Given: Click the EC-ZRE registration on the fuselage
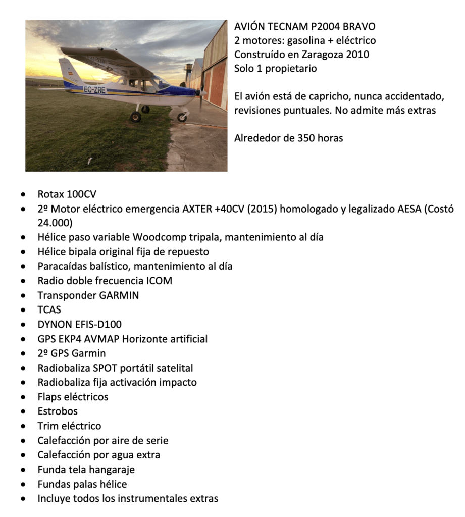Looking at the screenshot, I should pos(94,90).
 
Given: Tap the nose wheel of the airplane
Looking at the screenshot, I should pos(182,117).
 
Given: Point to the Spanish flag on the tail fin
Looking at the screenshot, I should pos(64,74).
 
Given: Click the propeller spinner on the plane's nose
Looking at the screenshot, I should pos(202,93).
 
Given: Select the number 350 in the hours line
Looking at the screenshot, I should pos(305,138).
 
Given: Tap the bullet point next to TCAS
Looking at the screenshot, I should pos(23,310).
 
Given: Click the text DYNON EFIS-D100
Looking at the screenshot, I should pos(79,324).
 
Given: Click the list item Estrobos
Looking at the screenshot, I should pos(58,411).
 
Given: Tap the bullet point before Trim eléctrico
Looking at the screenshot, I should pos(23,426).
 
